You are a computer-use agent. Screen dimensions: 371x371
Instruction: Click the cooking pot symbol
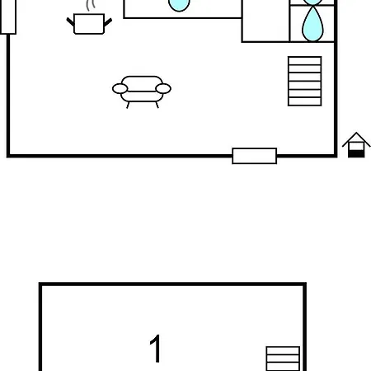[x=89, y=24]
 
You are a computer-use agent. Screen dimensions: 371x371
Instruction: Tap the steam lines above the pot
[x=90, y=6]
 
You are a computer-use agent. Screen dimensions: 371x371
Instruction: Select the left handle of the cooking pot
[x=70, y=22]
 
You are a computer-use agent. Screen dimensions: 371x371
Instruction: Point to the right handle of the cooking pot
[x=108, y=22]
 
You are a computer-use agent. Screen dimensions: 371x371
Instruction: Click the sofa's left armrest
[x=120, y=89]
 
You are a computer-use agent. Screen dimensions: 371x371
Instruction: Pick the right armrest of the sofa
[x=163, y=89]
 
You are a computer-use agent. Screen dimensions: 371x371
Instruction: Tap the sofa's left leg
[x=128, y=105]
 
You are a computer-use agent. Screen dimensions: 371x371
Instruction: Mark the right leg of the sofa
[x=157, y=105]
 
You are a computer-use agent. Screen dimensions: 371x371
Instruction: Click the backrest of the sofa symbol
[x=142, y=83]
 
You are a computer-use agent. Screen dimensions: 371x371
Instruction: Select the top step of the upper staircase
[x=305, y=61]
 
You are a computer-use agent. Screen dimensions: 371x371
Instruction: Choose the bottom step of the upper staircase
[x=305, y=101]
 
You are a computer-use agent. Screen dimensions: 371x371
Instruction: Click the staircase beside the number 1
[x=283, y=359]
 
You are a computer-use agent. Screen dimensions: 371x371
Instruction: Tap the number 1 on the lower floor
[x=156, y=348]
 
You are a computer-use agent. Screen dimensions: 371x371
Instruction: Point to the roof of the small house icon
[x=356, y=139]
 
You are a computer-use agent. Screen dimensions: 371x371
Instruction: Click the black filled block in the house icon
[x=356, y=154]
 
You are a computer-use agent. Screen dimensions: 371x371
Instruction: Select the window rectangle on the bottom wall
[x=255, y=156]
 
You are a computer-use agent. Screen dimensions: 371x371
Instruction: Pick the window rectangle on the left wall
[x=8, y=16]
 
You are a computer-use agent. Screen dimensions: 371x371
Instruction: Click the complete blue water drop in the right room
[x=312, y=25]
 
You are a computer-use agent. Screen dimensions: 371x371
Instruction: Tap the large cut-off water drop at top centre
[x=179, y=5]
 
